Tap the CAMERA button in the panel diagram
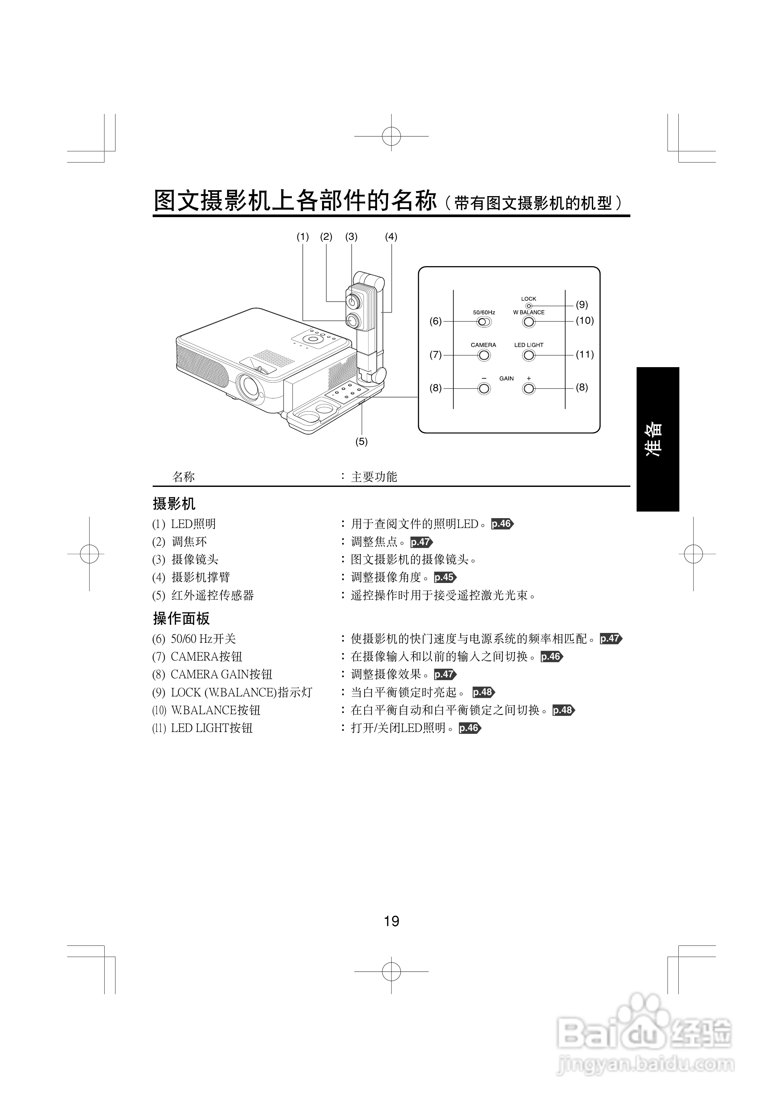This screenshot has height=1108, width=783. pos(483,356)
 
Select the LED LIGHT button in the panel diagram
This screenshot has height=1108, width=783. pos(529,356)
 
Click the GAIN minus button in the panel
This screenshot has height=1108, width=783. pos(483,389)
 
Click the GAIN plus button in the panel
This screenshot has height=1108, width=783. pos(529,389)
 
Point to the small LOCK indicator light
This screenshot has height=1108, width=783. pos(529,306)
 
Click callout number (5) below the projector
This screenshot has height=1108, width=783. pos(362,441)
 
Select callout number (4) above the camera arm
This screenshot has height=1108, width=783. pos(391,237)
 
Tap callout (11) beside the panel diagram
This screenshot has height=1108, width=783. pos(585,354)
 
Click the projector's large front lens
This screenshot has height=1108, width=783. pos(250,386)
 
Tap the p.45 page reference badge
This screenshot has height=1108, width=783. pos(444,577)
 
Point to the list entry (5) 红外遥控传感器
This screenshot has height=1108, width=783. pos(203,595)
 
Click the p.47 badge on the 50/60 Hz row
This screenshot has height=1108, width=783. pos(611,639)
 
